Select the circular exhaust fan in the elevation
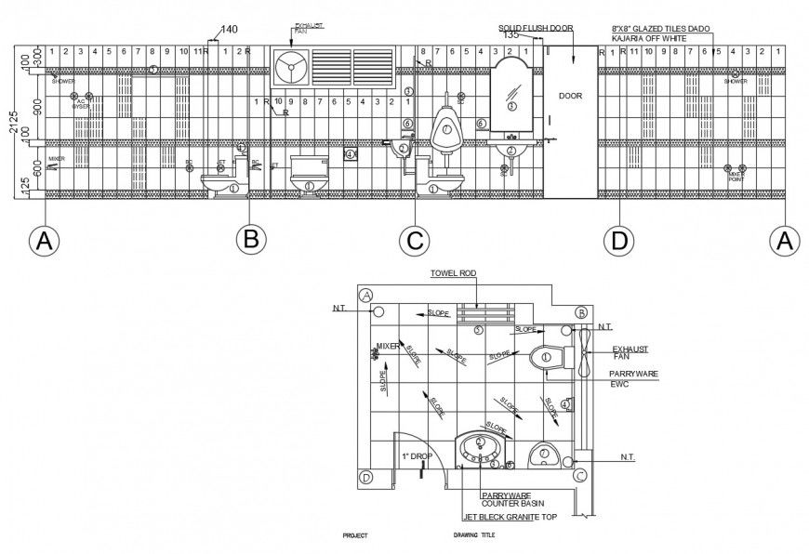coord(290,67)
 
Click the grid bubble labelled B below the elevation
coord(250,239)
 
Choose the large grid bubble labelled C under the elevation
coord(414,240)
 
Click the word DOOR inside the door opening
coord(570,96)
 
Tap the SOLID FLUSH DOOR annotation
coord(536,29)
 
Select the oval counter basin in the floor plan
coord(479,449)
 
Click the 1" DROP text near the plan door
coord(417,456)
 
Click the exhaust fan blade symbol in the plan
coord(583,353)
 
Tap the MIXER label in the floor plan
coord(387,347)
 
